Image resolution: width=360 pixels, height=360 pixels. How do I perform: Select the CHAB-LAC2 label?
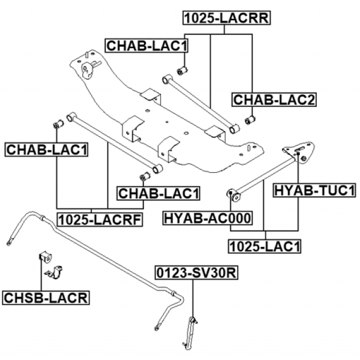click(x=274, y=100)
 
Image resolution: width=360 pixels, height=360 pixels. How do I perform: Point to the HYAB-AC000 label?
click(x=208, y=218)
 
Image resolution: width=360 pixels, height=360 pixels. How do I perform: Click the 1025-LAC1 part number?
click(x=264, y=245)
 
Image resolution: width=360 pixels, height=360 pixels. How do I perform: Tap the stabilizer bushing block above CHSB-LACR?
click(x=44, y=258)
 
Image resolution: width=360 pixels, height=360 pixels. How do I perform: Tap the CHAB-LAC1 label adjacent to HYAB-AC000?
click(x=159, y=193)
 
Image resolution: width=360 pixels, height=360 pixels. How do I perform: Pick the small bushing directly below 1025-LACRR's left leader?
click(x=182, y=70)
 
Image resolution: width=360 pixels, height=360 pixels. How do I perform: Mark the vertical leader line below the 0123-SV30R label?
click(x=193, y=298)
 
